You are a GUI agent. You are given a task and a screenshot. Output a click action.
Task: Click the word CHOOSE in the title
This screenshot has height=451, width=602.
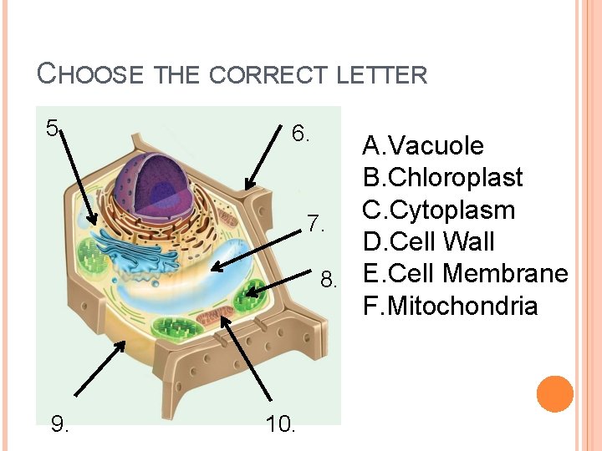(93, 73)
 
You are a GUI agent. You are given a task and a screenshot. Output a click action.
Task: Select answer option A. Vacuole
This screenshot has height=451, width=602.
(423, 146)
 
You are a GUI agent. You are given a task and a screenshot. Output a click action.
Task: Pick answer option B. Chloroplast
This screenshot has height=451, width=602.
(443, 178)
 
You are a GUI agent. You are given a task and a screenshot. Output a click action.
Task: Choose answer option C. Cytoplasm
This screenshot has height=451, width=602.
(439, 210)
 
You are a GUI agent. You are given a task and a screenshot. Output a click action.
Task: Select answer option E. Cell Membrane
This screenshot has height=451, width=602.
(465, 274)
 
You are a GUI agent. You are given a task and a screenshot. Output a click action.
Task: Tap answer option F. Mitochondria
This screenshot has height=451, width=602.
(450, 306)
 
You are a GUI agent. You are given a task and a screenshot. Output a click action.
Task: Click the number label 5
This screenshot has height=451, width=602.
(52, 128)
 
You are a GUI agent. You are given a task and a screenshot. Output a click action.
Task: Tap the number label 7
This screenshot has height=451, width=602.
(314, 224)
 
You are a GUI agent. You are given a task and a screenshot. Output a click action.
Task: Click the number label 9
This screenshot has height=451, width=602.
(60, 424)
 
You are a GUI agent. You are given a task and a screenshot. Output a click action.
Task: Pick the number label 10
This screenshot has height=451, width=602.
(280, 424)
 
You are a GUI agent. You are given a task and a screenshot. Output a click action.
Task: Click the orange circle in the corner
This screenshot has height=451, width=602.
(554, 394)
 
